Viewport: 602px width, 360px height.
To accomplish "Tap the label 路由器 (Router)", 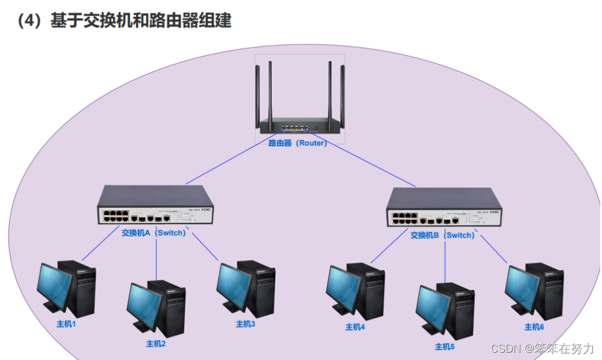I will click(x=298, y=143).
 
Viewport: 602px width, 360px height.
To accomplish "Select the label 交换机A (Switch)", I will click(x=153, y=233).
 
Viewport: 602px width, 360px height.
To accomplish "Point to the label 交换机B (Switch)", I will click(x=442, y=235).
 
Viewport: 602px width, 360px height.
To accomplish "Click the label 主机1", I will click(x=66, y=324).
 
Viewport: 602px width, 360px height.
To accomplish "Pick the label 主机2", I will click(x=156, y=344).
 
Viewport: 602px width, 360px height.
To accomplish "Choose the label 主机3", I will click(x=246, y=324).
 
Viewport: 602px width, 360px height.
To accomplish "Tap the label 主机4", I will click(x=355, y=327).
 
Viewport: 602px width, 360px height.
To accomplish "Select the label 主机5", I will click(x=444, y=347).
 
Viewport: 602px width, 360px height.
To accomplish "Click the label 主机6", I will click(x=534, y=327).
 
